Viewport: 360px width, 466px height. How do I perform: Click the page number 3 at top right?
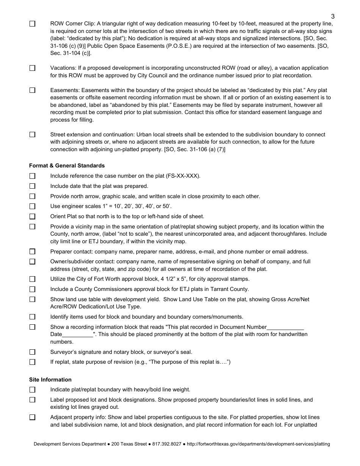[x=333, y=16]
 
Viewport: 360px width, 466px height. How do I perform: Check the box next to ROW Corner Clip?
[x=32, y=23]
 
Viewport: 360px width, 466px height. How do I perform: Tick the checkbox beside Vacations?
[x=32, y=68]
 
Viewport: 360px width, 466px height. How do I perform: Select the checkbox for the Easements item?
[x=32, y=91]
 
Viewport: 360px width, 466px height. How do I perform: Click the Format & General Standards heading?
[x=67, y=166]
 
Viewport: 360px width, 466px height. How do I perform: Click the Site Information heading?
[x=50, y=380]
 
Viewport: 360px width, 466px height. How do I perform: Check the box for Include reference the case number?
[x=32, y=176]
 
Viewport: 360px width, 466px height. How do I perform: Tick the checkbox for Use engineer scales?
[x=32, y=206]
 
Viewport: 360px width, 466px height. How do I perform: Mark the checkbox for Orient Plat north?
[x=32, y=217]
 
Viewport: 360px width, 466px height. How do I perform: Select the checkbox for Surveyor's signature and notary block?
[x=32, y=352]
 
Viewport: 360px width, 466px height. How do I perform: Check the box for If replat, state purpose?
[x=32, y=362]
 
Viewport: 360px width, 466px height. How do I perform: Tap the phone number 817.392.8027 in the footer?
[x=166, y=444]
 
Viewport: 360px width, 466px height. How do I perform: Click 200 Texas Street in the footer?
[x=129, y=444]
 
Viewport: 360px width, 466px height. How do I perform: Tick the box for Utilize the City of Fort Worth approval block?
[x=32, y=279]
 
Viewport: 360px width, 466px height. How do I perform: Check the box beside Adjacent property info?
[x=32, y=418]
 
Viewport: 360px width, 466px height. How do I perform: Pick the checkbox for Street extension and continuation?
[x=32, y=135]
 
